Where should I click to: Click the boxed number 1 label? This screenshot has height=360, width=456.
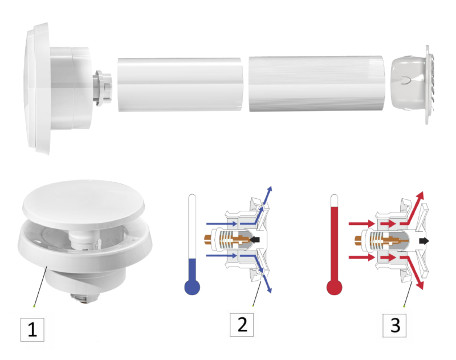[x=32, y=329]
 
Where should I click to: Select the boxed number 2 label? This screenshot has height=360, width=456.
[x=242, y=325]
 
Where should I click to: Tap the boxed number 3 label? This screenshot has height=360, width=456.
[x=394, y=325]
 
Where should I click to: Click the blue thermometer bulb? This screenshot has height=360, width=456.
[x=192, y=287]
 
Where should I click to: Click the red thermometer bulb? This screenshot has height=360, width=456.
[x=335, y=287]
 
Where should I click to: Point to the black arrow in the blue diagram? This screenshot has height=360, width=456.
[x=255, y=240]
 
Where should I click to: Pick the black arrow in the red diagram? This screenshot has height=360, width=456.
[x=424, y=241]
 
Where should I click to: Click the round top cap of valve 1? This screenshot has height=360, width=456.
[x=83, y=205]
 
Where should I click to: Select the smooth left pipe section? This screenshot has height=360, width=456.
[x=180, y=84]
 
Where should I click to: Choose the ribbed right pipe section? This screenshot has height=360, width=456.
[x=317, y=83]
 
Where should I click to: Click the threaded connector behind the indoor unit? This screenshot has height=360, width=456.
[x=103, y=87]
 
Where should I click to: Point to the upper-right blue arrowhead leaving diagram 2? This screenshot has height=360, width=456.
[x=270, y=189]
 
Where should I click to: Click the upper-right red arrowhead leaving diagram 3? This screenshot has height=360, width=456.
[x=420, y=195]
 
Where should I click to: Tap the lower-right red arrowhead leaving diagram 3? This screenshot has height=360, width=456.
[x=420, y=285]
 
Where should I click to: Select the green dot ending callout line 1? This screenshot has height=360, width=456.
[x=34, y=306]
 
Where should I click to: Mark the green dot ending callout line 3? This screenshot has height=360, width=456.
[x=404, y=306]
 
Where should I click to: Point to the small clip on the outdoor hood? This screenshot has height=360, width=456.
[x=405, y=80]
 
